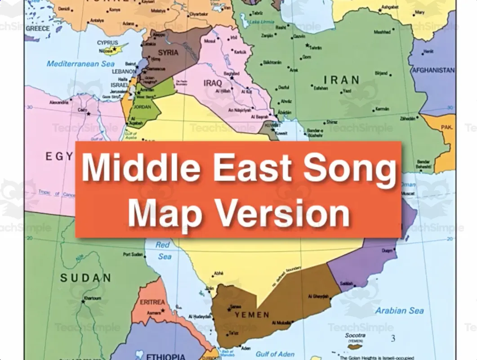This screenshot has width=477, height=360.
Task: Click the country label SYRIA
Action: (168, 53)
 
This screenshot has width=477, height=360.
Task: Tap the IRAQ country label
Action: (213, 83)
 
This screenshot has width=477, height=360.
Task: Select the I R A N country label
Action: (342, 80)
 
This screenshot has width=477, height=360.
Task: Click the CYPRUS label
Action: (107, 43)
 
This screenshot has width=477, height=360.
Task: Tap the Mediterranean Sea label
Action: (80, 64)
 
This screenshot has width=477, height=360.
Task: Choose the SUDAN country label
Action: (85, 278)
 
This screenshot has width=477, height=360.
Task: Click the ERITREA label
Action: (152, 302)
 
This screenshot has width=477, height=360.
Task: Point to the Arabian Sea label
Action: (400, 310)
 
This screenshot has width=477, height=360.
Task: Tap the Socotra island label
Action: (355, 335)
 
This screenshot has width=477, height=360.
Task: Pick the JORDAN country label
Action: (142, 107)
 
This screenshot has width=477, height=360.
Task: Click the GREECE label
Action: (38, 28)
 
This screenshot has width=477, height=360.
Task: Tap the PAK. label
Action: (446, 127)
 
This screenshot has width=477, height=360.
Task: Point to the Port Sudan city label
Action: (133, 255)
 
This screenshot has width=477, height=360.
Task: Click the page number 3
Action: (393, 338)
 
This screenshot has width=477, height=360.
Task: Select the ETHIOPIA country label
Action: (165, 356)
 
